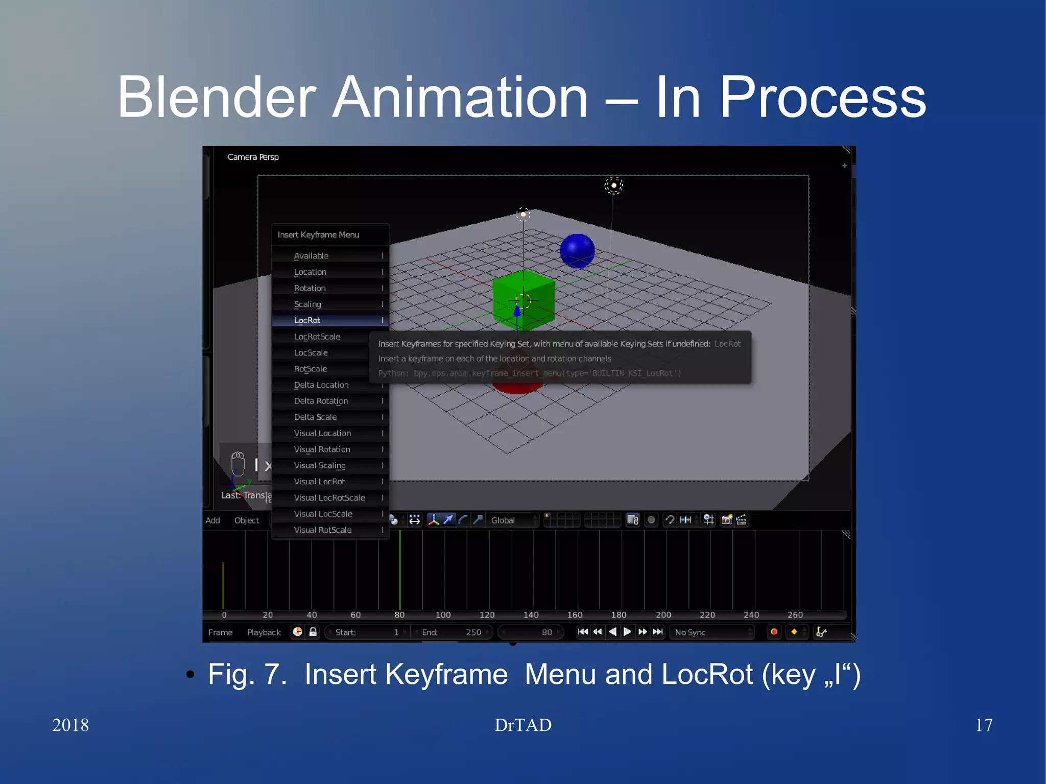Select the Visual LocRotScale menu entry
pyautogui.click(x=330, y=497)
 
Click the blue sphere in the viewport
pyautogui.click(x=577, y=251)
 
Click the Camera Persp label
pyautogui.click(x=253, y=157)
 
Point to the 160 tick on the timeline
pyautogui.click(x=575, y=614)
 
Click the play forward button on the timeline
pyautogui.click(x=627, y=632)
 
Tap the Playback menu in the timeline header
pyautogui.click(x=264, y=632)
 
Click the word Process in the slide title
pyautogui.click(x=823, y=97)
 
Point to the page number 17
pyautogui.click(x=984, y=725)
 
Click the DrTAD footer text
pyautogui.click(x=523, y=725)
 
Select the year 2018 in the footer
pyautogui.click(x=70, y=725)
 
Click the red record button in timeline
pyautogui.click(x=774, y=632)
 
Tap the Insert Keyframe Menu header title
pyautogui.click(x=318, y=234)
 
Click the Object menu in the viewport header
pyautogui.click(x=247, y=520)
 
